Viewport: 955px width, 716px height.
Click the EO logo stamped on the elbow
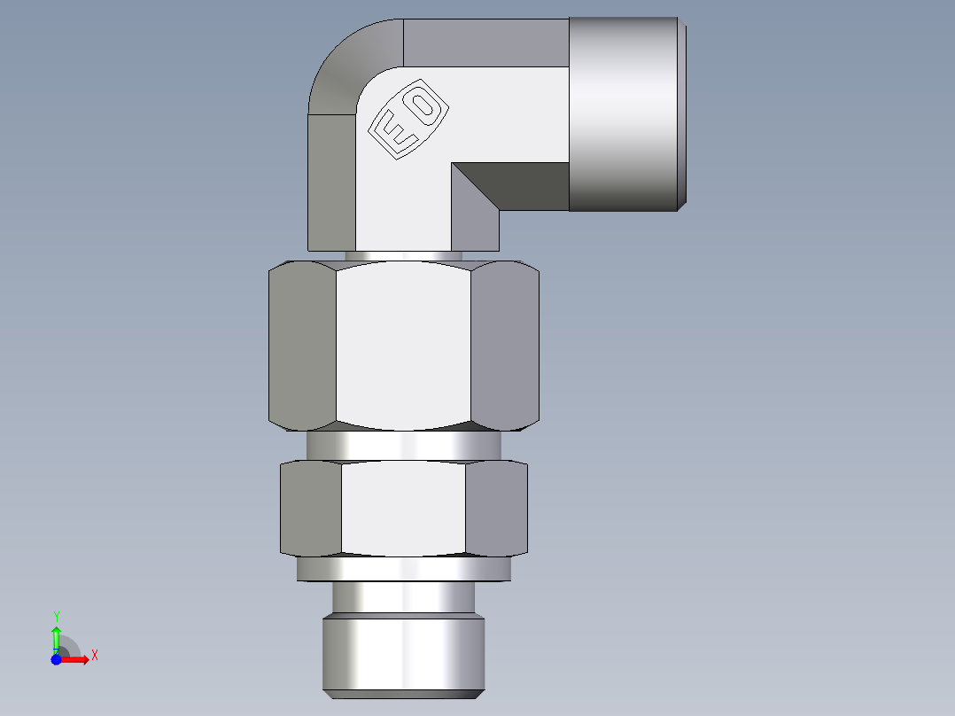point(408,122)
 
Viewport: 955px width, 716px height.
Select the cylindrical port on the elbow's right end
point(625,113)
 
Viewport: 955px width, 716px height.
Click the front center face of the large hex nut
point(403,346)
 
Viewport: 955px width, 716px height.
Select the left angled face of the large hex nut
point(302,346)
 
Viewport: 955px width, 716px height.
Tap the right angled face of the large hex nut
point(504,346)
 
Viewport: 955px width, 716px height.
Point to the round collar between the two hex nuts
point(403,445)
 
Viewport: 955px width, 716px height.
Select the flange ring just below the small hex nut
point(403,569)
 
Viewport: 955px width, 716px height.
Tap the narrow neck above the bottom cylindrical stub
point(403,598)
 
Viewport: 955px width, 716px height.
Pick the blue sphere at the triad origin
point(56,659)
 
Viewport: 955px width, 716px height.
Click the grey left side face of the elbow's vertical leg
point(331,182)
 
